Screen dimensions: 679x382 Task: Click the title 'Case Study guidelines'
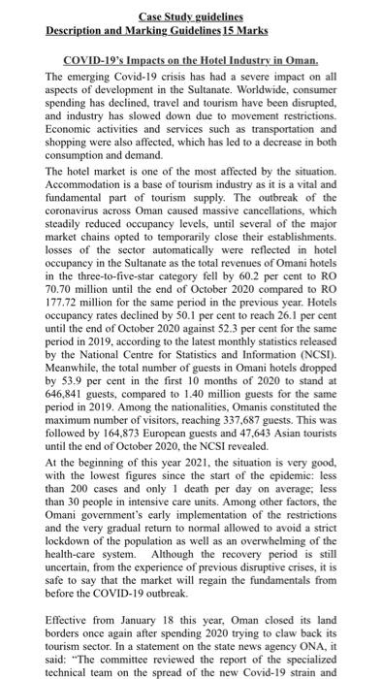[190, 17]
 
